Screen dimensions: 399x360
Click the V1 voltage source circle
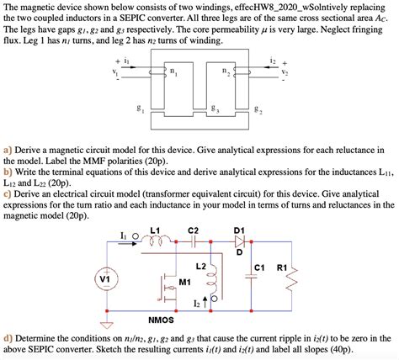click(107, 278)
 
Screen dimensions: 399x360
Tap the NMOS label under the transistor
click(161, 320)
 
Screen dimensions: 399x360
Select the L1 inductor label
click(155, 230)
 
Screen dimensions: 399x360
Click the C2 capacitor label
click(193, 230)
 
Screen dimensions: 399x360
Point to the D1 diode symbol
click(239, 241)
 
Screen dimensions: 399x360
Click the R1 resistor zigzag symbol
click(292, 279)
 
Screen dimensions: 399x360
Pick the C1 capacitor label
click(259, 267)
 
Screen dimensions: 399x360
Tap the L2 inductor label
click(201, 266)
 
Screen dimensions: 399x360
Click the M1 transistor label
click(184, 282)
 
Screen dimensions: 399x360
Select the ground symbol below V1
click(107, 326)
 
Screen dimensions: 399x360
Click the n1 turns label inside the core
click(174, 72)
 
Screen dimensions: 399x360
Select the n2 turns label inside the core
click(226, 71)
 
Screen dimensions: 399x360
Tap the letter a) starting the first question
click(8, 151)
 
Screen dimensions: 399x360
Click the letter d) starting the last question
click(8, 339)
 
